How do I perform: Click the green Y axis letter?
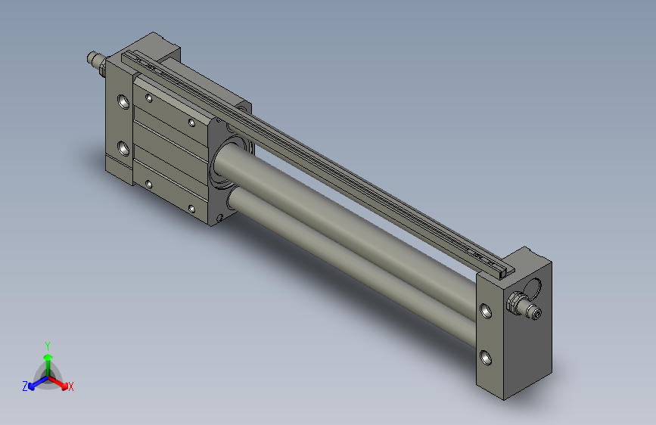point(48,344)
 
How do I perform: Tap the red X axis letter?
point(71,387)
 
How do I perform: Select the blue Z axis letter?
point(25,386)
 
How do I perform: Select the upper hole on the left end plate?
point(123,101)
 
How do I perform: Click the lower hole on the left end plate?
point(123,145)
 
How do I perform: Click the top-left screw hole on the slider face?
point(149,98)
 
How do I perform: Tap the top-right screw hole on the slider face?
point(192,122)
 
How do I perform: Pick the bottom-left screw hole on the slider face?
point(149,184)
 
